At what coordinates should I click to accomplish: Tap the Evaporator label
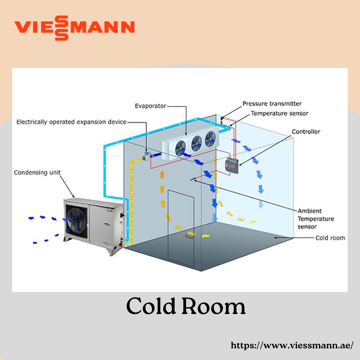click(x=150, y=106)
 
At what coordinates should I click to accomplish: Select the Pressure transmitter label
click(x=272, y=104)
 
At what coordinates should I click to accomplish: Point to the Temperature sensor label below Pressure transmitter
click(x=279, y=113)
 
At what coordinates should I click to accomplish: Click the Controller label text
click(x=306, y=132)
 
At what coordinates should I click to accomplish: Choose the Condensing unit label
click(x=37, y=173)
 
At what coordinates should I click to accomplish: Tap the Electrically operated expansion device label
click(x=71, y=122)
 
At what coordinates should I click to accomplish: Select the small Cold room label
click(x=330, y=238)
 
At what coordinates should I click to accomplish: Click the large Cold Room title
click(x=186, y=306)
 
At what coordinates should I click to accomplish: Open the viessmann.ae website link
click(x=292, y=345)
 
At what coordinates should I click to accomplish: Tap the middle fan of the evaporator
click(x=197, y=143)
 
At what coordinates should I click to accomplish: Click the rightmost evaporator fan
click(x=210, y=139)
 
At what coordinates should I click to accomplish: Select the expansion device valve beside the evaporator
click(x=146, y=155)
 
